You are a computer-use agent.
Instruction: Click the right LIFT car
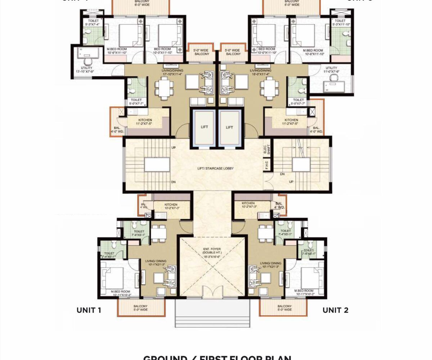tap(230, 127)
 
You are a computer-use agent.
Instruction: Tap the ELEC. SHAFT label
tap(266, 149)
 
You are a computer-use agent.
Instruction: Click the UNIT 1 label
tap(89, 310)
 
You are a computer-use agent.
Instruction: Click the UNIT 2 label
tap(335, 310)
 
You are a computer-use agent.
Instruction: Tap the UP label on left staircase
tap(174, 148)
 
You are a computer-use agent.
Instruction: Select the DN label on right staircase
tap(283, 174)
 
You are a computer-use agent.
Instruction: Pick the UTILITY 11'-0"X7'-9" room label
tap(331, 69)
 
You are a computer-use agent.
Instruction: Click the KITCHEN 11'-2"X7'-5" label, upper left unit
tap(144, 122)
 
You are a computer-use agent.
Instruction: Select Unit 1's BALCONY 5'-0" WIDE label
tap(140, 308)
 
